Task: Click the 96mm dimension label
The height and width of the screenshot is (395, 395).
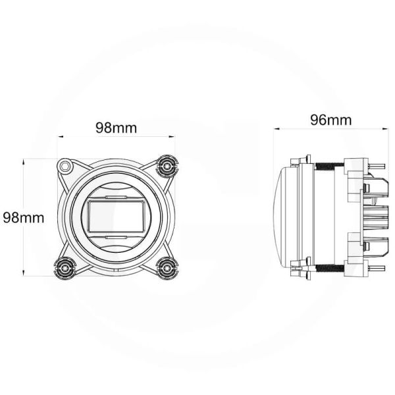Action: click(330, 120)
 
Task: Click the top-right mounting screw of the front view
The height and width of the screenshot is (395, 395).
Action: click(168, 165)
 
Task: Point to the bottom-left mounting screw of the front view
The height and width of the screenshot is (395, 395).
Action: click(65, 267)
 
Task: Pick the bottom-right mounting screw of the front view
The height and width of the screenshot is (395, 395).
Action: click(168, 267)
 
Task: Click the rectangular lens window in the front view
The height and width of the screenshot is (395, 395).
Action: click(116, 216)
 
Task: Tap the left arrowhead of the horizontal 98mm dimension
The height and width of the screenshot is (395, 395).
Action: click(61, 138)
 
